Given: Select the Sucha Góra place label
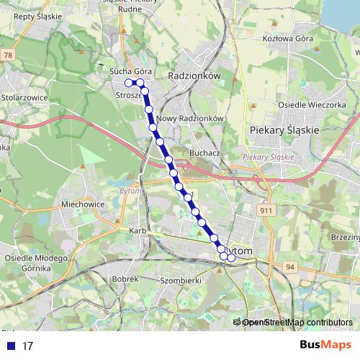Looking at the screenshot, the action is coord(130,72).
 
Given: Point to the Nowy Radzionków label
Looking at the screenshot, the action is coord(192,119).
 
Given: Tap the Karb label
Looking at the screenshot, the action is coord(138,230).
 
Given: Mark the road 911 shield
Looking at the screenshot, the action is coord(266,210).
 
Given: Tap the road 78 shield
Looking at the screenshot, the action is coord(8,55).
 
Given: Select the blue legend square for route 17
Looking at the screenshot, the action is coord(9,346).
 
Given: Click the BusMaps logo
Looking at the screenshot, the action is coord(325,346).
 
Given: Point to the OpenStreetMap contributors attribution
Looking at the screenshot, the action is coord(294,323).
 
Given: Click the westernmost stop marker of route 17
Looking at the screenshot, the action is coord(129,83).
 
